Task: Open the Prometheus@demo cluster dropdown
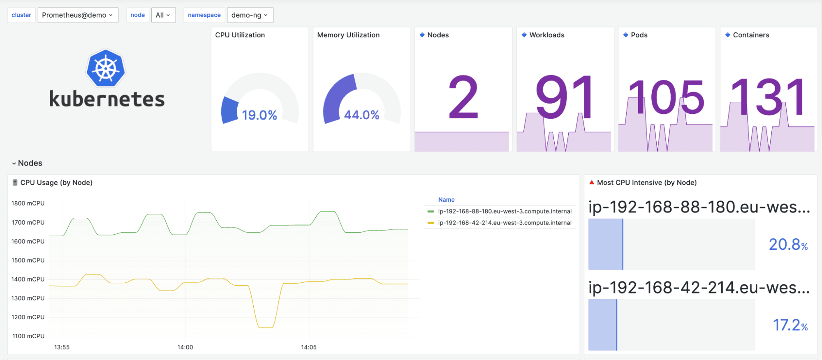tap(78, 15)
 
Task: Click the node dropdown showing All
tap(163, 15)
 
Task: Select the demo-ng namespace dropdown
tap(250, 15)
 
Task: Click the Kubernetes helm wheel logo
tap(106, 68)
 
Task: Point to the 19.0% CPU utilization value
tap(259, 115)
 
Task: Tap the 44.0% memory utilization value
tap(361, 115)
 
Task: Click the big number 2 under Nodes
tap(463, 97)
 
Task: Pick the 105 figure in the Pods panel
tap(667, 97)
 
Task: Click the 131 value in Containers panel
tap(768, 97)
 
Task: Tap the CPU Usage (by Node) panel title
tap(56, 182)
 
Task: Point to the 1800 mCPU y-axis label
tap(28, 203)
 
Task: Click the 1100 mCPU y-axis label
tap(28, 336)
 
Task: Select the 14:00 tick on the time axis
tap(185, 347)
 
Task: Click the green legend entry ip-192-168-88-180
tap(505, 211)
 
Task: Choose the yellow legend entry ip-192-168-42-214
tap(505, 223)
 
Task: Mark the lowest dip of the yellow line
tap(265, 328)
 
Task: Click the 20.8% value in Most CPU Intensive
tap(788, 245)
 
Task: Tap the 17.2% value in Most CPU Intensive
tap(790, 325)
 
